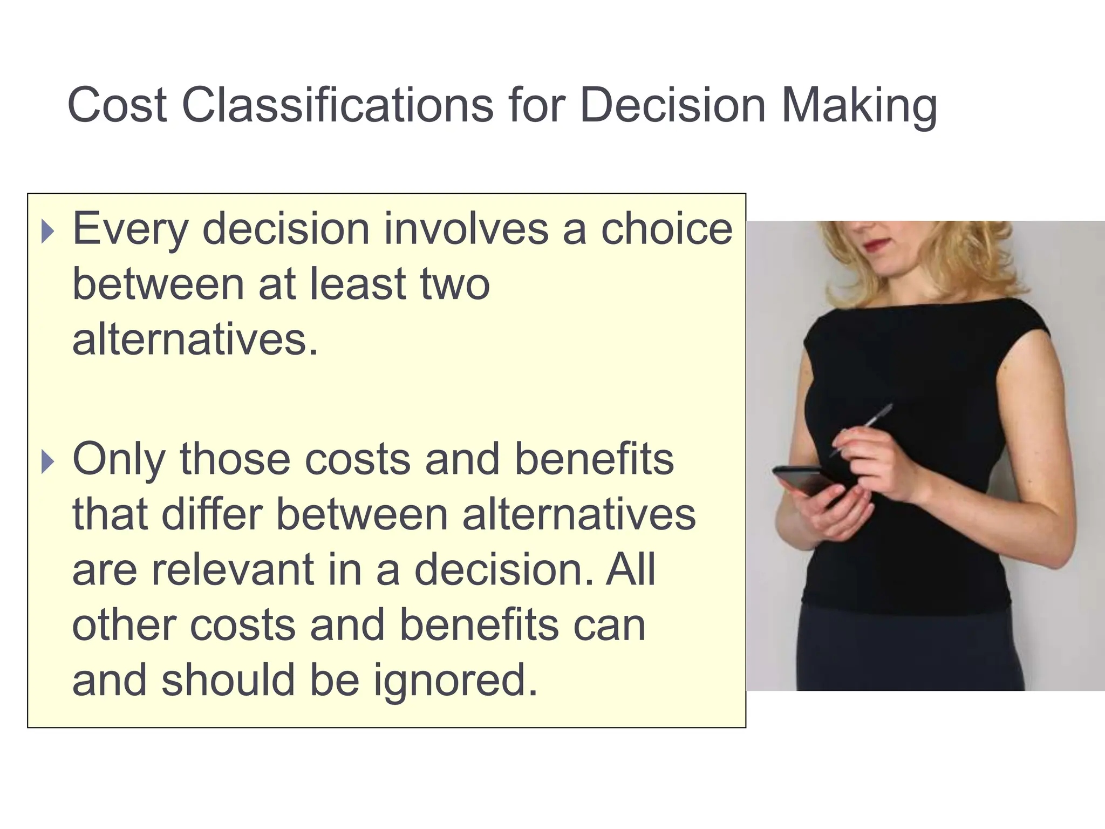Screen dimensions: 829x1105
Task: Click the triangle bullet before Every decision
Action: click(48, 232)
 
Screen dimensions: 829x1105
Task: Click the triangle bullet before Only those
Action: click(48, 462)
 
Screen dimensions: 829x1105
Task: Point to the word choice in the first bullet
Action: click(667, 229)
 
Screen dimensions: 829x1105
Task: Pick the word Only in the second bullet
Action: click(119, 460)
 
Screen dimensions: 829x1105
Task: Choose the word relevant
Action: click(233, 570)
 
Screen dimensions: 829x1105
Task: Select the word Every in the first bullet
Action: click(131, 230)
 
